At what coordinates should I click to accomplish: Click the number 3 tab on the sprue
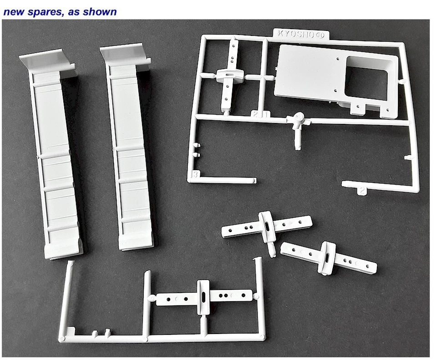click(x=195, y=174)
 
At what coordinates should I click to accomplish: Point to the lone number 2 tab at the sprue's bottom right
click(x=361, y=190)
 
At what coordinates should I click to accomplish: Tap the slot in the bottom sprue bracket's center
click(x=203, y=297)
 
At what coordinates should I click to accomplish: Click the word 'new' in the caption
click(x=13, y=11)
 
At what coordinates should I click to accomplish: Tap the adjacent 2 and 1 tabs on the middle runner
click(x=260, y=114)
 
